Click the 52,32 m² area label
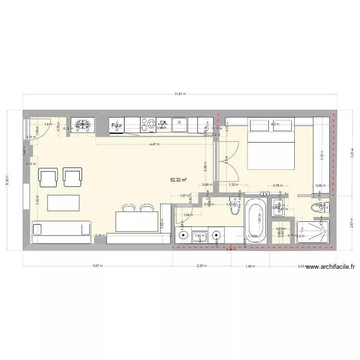click(179, 180)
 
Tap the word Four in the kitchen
click(117, 126)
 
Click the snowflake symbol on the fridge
click(83, 125)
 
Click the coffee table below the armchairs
click(63, 203)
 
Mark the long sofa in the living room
click(61, 228)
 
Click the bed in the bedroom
click(271, 144)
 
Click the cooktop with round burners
click(147, 125)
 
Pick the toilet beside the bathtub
click(235, 207)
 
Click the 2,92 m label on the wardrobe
click(322, 155)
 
